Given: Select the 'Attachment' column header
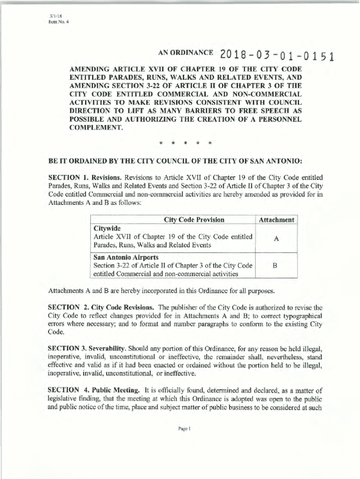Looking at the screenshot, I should (x=276, y=220).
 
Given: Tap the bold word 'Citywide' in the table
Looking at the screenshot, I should (x=107, y=228).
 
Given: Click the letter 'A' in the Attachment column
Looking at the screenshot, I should (x=276, y=238).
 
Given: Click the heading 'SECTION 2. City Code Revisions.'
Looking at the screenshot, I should (x=101, y=308).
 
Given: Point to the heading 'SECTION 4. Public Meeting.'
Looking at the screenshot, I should (x=94, y=390).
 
